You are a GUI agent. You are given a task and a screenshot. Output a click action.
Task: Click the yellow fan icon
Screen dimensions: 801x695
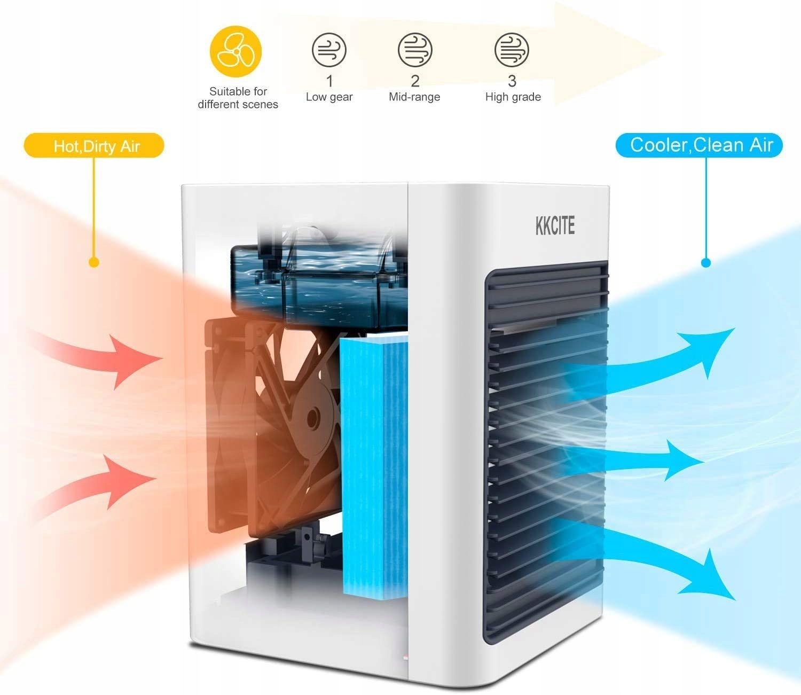point(235,51)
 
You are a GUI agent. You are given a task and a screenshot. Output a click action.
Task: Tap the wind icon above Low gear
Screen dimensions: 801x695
point(329,50)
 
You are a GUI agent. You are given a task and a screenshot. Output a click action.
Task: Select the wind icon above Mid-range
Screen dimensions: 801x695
point(415,50)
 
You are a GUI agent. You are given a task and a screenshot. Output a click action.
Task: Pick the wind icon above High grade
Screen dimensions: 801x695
point(512,50)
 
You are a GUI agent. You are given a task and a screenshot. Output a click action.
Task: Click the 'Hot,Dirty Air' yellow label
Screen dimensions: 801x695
point(94,146)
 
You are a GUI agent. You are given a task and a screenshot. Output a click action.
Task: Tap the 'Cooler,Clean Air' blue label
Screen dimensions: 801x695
point(700,145)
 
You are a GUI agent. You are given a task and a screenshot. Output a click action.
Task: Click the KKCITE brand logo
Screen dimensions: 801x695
point(555,226)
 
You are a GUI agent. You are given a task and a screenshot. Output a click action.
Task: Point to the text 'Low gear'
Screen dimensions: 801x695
point(329,97)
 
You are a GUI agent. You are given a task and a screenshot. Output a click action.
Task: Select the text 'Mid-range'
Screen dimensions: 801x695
point(414,97)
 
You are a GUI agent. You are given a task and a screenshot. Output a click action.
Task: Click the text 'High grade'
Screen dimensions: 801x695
point(513,97)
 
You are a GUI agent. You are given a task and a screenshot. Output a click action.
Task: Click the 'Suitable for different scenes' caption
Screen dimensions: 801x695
point(238,98)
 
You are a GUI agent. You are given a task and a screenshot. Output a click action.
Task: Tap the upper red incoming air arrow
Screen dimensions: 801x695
point(107,355)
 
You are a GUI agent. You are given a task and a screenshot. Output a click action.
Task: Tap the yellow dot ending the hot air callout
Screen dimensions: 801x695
point(94,262)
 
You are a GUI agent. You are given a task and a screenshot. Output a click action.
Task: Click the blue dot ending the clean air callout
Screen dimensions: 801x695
point(706,262)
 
